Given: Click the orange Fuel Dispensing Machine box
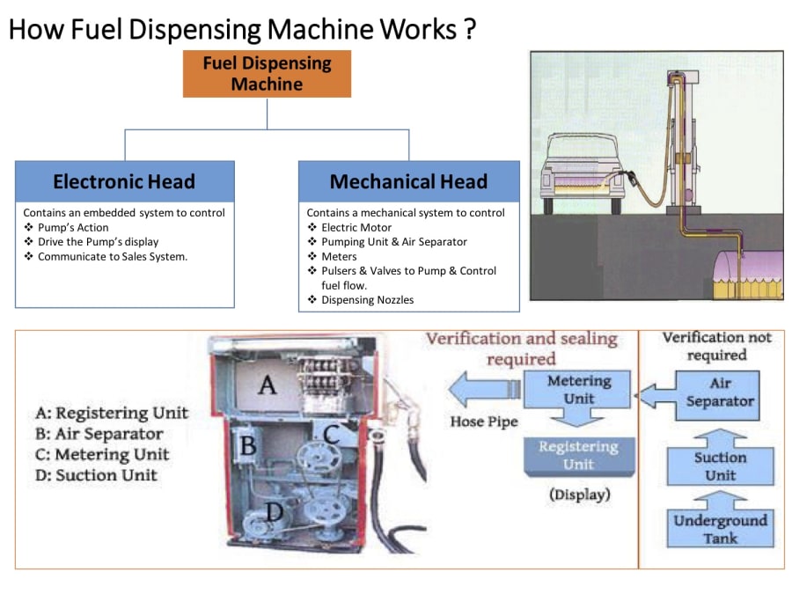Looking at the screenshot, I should (x=267, y=74).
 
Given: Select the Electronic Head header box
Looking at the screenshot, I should (x=124, y=181).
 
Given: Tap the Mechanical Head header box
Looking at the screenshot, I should (x=408, y=181).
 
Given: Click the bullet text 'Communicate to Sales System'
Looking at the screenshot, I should (x=113, y=257).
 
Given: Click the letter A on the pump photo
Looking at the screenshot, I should (x=266, y=384).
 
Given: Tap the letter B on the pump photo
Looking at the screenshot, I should (x=249, y=446).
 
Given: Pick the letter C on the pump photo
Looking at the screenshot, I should (x=332, y=433).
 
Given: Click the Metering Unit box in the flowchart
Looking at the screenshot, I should (x=578, y=390).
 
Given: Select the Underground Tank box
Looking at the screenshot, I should (x=720, y=528).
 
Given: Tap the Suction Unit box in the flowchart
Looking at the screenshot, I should (x=720, y=466).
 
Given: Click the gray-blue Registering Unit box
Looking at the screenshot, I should (x=578, y=455).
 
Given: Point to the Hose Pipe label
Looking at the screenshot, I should (x=485, y=422).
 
